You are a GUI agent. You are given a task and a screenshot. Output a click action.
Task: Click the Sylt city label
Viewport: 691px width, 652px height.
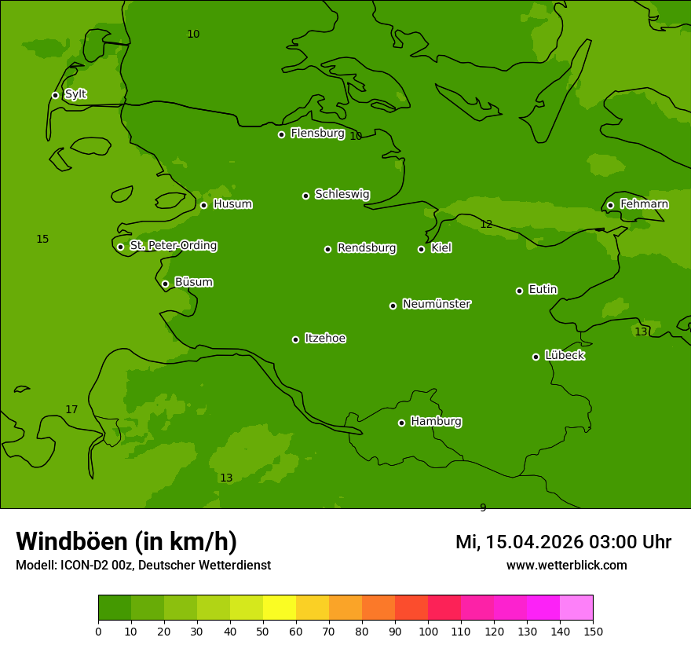pos(75,94)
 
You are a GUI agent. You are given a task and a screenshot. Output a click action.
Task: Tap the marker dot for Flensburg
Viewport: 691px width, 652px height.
pos(281,134)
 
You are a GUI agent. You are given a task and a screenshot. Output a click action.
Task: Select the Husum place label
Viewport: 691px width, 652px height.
pos(232,204)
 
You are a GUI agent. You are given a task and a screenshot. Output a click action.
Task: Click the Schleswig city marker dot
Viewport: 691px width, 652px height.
pos(305,196)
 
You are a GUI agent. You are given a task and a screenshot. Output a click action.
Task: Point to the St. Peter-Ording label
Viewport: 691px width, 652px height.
pos(174,246)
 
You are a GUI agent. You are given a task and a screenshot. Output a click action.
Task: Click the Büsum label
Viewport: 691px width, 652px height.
pos(193,282)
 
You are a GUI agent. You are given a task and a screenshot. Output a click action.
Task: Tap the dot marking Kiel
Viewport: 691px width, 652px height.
pos(421,249)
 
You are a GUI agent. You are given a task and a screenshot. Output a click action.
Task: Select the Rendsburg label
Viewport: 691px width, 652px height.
pos(367,248)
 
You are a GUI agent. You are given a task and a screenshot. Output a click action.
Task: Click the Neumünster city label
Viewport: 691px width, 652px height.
pos(437,304)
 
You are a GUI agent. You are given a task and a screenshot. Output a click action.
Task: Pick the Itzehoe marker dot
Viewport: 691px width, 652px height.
pos(295,339)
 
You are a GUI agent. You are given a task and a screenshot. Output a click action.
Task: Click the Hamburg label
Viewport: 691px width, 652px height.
pos(436,422)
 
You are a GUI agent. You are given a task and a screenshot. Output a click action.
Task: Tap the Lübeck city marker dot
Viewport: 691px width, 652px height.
pos(536,357)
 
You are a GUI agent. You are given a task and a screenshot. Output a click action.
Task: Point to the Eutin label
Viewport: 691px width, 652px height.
pos(543,290)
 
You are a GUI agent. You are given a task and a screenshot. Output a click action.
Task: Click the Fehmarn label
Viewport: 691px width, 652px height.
pos(644,204)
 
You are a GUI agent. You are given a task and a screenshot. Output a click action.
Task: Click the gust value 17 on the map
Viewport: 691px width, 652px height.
pos(71,410)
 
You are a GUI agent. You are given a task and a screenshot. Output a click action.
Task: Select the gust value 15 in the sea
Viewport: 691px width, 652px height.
pos(42,240)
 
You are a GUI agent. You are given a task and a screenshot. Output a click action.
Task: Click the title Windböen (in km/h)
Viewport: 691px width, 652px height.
pos(126,541)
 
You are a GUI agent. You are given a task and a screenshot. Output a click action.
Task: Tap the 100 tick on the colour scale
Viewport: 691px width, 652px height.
pos(428,631)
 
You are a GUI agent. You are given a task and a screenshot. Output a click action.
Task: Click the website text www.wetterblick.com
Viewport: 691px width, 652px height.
pos(566,566)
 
